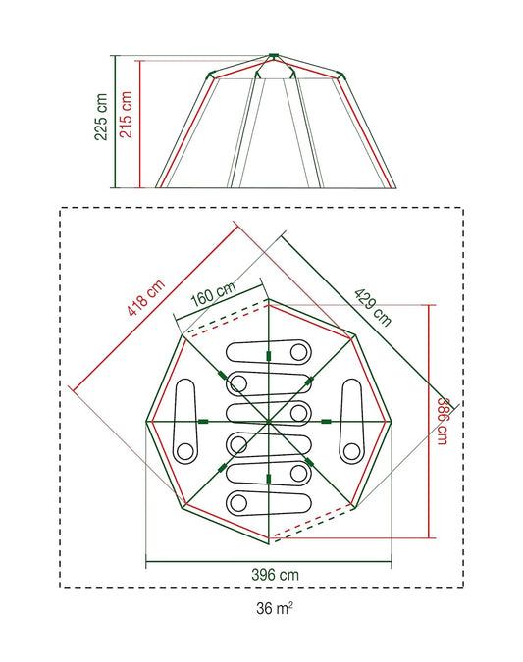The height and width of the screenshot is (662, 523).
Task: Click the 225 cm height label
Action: pos(102,118)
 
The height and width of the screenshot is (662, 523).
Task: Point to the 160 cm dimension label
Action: pos(213,293)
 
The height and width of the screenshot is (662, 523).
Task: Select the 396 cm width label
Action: pos(269,574)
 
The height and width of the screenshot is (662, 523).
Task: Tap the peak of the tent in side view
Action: pos(274,54)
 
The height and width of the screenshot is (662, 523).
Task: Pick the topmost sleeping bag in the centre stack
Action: pos(268,351)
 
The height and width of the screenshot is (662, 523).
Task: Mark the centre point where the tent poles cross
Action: pos(268,421)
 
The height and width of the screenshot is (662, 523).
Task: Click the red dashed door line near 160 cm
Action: pos(222,323)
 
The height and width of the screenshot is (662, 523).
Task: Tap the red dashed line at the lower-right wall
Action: pos(314,525)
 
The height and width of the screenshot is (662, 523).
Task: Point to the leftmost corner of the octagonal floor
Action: pos(146,422)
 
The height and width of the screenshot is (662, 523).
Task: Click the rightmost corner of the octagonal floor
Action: pos(390,422)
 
